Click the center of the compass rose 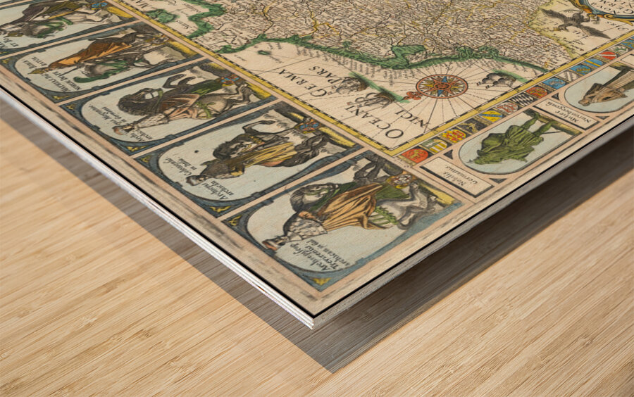[442, 86]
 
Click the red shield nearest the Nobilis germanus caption [415, 155]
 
